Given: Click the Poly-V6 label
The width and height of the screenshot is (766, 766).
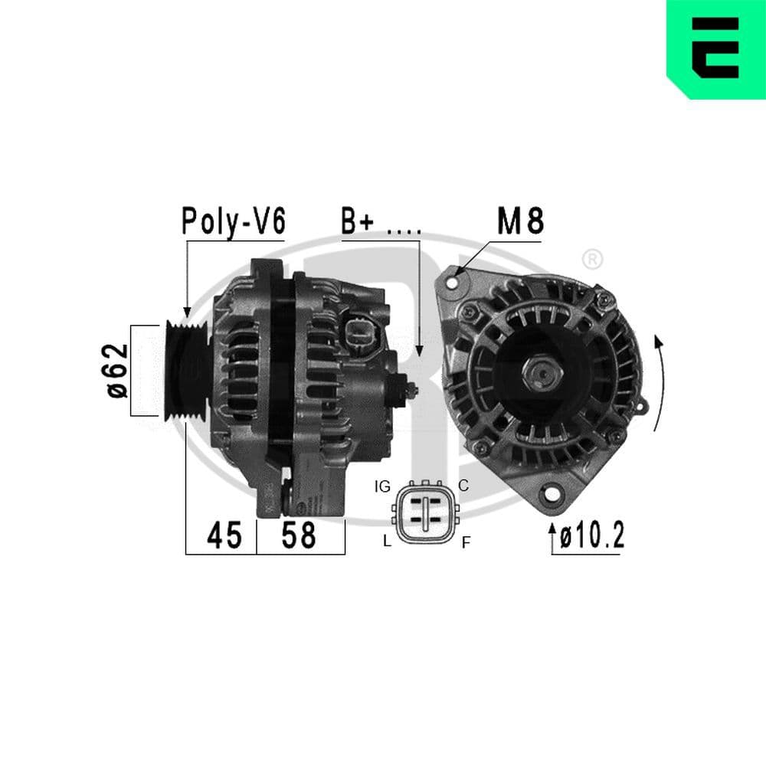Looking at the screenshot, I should pyautogui.click(x=233, y=221).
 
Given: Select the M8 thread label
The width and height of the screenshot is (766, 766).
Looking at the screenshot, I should pyautogui.click(x=520, y=221).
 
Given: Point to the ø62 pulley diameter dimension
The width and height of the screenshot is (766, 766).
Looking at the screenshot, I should pyautogui.click(x=116, y=370).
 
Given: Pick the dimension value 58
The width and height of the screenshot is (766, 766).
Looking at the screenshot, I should pyautogui.click(x=298, y=535).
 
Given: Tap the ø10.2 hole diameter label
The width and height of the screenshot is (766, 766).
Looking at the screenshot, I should pyautogui.click(x=591, y=535).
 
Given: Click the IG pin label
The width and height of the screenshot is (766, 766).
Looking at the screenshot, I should pyautogui.click(x=383, y=486).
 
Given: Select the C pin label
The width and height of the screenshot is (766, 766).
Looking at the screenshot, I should pyautogui.click(x=463, y=485).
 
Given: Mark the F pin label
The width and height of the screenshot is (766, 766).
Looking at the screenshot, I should pyautogui.click(x=465, y=543).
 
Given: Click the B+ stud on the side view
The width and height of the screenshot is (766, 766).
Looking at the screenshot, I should pyautogui.click(x=411, y=389).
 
